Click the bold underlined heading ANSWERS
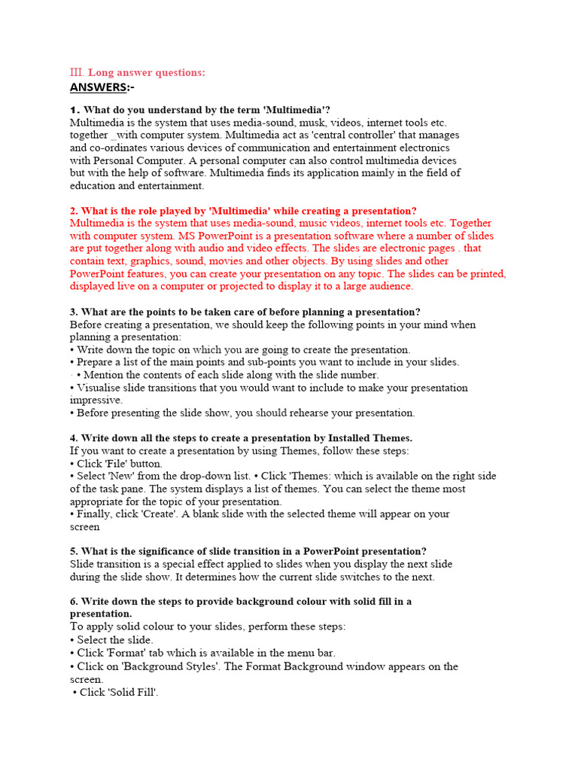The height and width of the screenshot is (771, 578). [99, 87]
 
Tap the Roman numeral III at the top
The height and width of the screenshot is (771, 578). [77, 72]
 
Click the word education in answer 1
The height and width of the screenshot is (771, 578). [93, 185]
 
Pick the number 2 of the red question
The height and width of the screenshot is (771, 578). [74, 211]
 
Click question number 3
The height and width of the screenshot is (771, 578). [74, 312]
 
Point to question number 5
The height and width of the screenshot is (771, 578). [74, 551]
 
